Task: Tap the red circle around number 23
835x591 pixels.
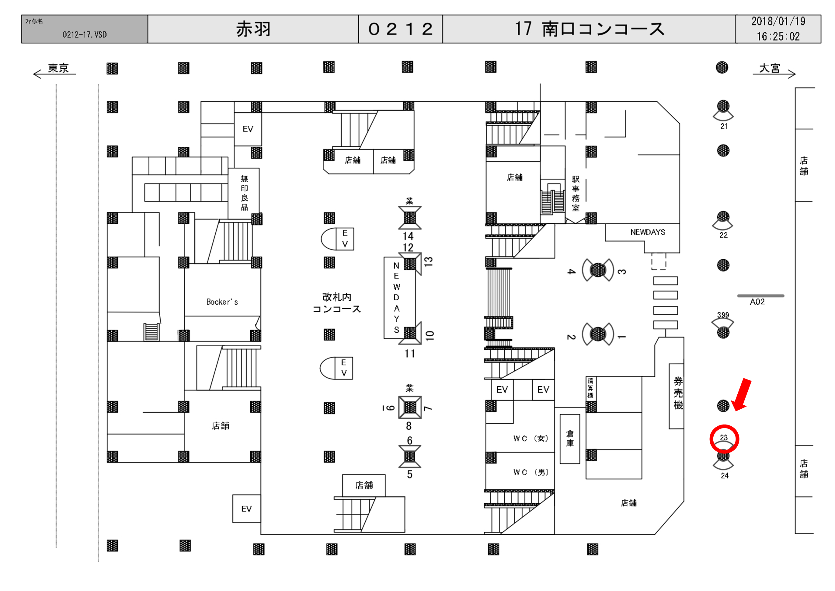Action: pos(724,439)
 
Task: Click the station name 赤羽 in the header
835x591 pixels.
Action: pos(253,29)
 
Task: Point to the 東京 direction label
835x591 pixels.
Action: pos(58,68)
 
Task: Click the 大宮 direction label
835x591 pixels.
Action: pos(770,68)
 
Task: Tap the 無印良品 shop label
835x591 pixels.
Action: pos(244,193)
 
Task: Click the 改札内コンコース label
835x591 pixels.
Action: pos(337,303)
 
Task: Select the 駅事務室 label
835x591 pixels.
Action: pos(575,194)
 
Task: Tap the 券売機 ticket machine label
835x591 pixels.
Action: pos(678,393)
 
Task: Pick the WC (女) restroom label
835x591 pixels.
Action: pos(531,439)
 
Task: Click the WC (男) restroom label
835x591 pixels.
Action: pos(531,472)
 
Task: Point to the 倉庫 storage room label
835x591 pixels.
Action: pos(570,439)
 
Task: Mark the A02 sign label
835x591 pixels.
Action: pos(757,302)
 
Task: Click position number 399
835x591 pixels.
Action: pos(723,315)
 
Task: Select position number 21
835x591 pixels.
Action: pos(724,126)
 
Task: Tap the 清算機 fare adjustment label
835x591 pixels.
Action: pos(590,388)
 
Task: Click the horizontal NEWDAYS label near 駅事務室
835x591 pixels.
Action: pos(647,232)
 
